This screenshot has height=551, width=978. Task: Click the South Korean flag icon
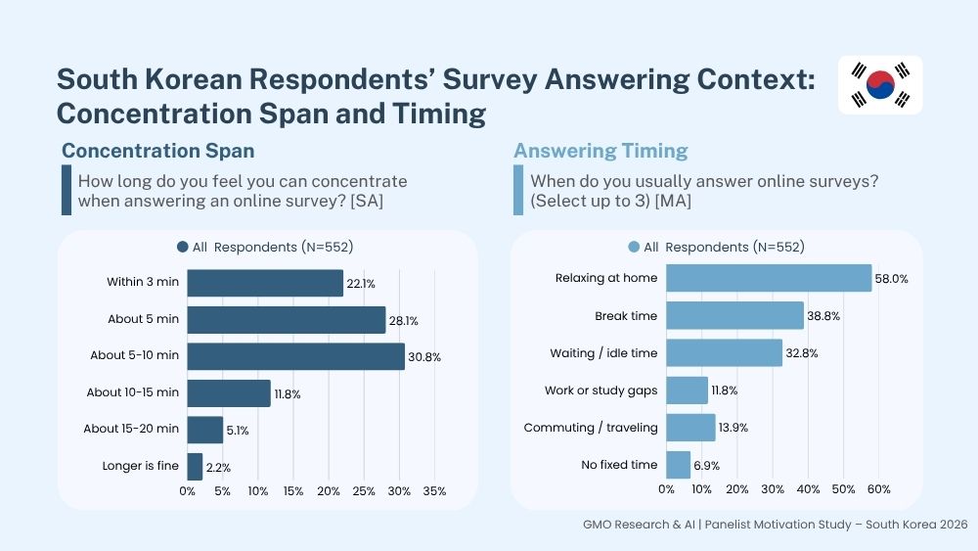pos(880,85)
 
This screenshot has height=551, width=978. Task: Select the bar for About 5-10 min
pos(295,356)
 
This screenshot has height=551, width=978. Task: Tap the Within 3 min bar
pos(265,283)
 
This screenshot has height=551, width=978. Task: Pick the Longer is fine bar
pos(195,467)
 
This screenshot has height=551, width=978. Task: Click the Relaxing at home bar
pos(769,278)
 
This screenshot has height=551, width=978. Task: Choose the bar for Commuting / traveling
pos(690,428)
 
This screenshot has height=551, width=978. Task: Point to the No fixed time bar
pos(678,465)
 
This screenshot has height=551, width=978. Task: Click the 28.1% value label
pos(404,321)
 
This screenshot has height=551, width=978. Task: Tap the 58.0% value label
pos(891,279)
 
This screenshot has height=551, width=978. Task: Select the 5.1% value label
pos(238,431)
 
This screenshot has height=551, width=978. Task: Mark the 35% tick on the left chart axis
pos(434,491)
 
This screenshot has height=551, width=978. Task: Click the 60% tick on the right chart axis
pos(879,489)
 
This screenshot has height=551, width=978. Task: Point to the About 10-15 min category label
pos(133,391)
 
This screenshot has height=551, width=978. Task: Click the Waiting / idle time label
pos(603,353)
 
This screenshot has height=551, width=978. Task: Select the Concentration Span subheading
pos(157,151)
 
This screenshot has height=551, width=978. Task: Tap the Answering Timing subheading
pos(600,151)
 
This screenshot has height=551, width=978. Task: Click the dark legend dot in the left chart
pos(183,247)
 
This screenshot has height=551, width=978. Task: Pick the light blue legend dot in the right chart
pos(634,247)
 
